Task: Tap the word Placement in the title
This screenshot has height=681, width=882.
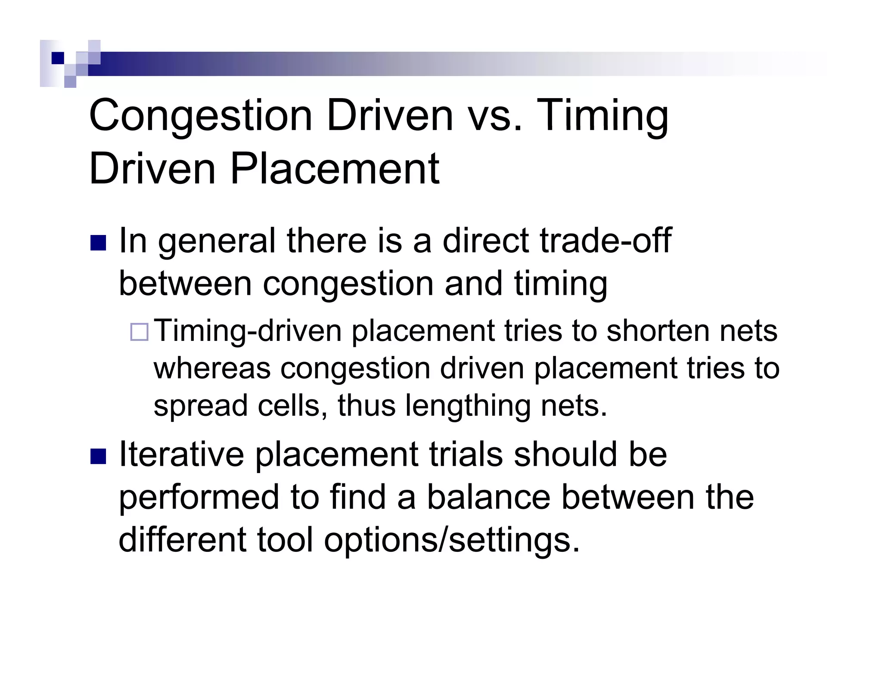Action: coord(335,169)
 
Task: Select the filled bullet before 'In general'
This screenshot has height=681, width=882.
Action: coord(98,243)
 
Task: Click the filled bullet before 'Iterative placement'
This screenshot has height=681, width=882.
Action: coord(98,457)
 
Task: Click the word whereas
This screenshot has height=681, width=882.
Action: coord(212,368)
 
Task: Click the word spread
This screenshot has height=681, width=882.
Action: coord(201,406)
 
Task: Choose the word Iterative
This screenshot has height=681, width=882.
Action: coord(181,454)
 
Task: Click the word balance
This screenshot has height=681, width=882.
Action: coord(488,497)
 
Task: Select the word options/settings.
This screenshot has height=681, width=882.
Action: coord(452,540)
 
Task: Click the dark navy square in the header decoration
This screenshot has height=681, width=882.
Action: coord(57,58)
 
